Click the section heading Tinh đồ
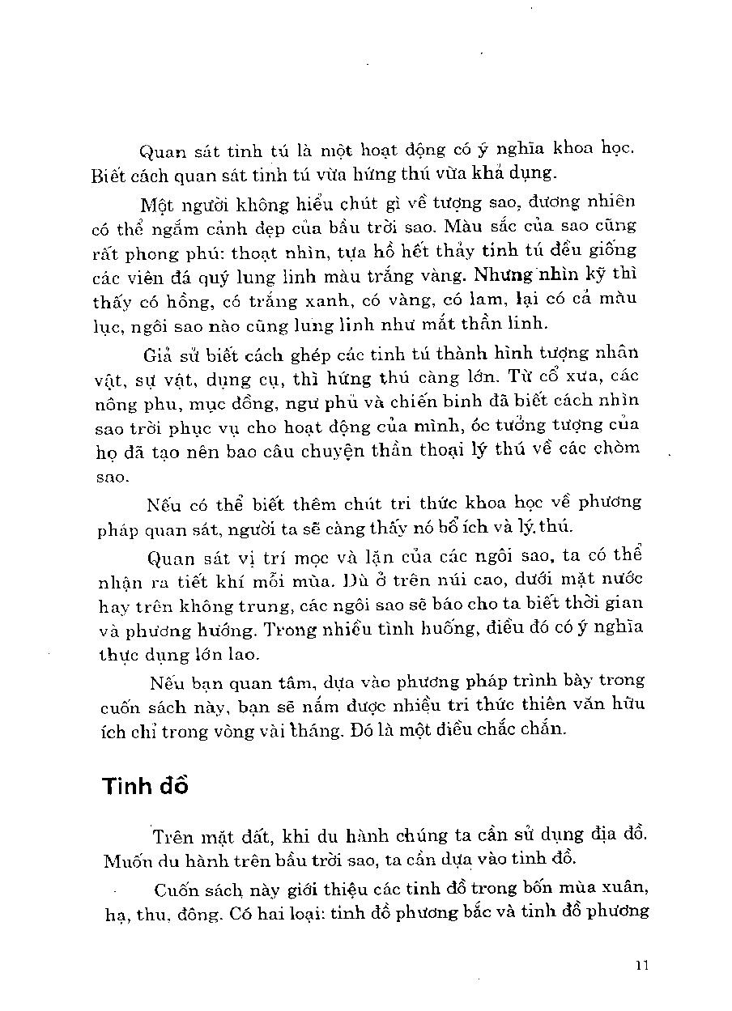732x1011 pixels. click(145, 786)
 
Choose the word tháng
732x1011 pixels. click(345, 730)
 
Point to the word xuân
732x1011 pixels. click(621, 887)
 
